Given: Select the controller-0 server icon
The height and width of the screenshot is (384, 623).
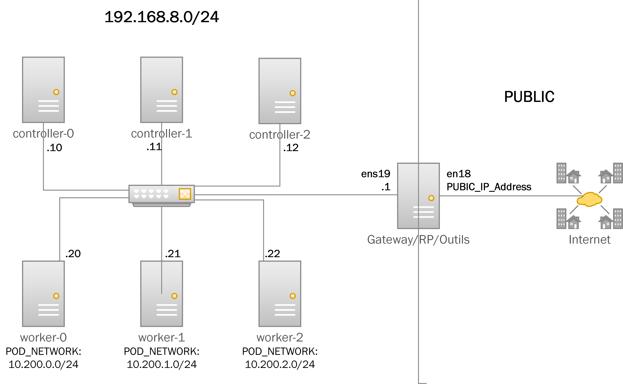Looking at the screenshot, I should click(x=43, y=90).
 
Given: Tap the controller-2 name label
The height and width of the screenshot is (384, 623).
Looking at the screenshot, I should click(x=280, y=135).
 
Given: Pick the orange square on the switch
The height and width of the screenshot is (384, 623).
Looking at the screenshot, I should click(x=185, y=194).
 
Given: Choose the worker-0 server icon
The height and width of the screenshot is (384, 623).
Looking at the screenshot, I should click(x=43, y=294).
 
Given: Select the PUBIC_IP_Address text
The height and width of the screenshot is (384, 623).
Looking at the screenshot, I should click(x=489, y=187).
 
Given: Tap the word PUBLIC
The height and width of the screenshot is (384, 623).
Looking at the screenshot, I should click(x=529, y=97).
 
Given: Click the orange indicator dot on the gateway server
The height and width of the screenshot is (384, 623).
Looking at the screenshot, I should click(x=431, y=198).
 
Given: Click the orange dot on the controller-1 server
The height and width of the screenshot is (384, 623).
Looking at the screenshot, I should click(x=174, y=92).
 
